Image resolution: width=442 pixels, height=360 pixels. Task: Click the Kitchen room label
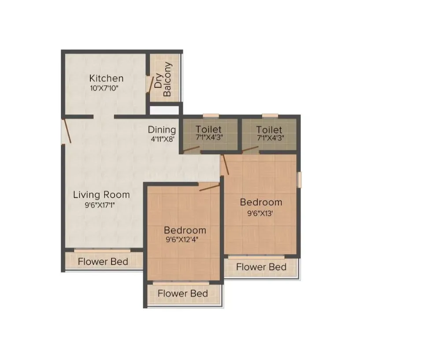pyautogui.click(x=106, y=78)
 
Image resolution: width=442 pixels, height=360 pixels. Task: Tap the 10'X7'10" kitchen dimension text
pyautogui.click(x=104, y=88)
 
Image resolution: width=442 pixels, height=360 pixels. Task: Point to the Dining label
pyautogui.click(x=162, y=130)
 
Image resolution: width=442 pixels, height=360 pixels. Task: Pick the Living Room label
pyautogui.click(x=101, y=194)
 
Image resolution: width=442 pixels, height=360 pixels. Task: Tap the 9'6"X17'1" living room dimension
pyautogui.click(x=100, y=204)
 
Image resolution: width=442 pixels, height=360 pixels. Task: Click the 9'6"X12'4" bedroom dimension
pyautogui.click(x=185, y=241)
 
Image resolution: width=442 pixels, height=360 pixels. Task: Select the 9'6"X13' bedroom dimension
pyautogui.click(x=260, y=213)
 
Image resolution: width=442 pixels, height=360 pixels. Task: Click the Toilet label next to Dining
pyautogui.click(x=209, y=130)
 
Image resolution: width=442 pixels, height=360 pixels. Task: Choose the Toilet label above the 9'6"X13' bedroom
pyautogui.click(x=269, y=130)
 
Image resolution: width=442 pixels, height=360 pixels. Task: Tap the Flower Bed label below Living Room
pyautogui.click(x=103, y=262)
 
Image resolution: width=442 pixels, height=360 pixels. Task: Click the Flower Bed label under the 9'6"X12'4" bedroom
pyautogui.click(x=183, y=293)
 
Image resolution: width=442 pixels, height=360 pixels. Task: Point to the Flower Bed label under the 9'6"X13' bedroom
pyautogui.click(x=261, y=267)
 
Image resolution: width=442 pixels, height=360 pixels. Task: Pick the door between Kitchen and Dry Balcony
pyautogui.click(x=149, y=84)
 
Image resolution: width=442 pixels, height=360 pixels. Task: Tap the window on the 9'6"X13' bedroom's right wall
pyautogui.click(x=299, y=180)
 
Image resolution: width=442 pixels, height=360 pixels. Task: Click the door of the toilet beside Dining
pyautogui.click(x=191, y=150)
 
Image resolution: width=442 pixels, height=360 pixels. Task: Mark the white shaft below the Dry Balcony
pyautogui.click(x=164, y=111)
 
